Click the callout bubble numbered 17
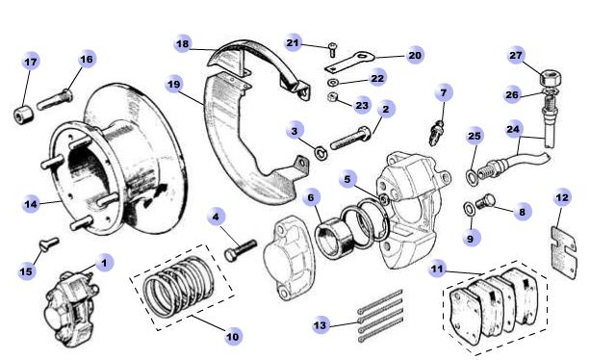tap(31, 62)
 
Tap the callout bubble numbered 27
tap(516, 56)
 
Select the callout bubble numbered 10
tap(233, 336)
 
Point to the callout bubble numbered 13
tap(321, 324)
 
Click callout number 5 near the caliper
tap(347, 179)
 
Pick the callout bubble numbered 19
tap(174, 85)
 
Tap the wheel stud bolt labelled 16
tap(55, 99)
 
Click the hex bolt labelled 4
tap(240, 250)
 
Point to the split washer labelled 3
tap(321, 153)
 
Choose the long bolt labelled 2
tap(351, 138)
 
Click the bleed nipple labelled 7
tap(436, 133)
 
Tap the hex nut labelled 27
tap(552, 78)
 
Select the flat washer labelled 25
tap(471, 177)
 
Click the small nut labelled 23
tap(332, 97)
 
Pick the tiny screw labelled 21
tap(332, 49)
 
